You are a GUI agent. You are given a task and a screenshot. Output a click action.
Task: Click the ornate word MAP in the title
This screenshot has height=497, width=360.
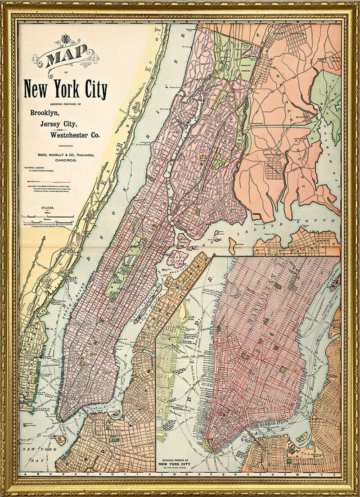pos(65,57)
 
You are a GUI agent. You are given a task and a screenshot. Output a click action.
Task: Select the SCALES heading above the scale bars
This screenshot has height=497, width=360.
pos(45,208)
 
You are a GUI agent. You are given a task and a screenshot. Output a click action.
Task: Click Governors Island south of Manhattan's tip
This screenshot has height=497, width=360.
pos(59,440)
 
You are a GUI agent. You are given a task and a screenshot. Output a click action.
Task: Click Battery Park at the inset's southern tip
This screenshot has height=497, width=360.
pos(207,446)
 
